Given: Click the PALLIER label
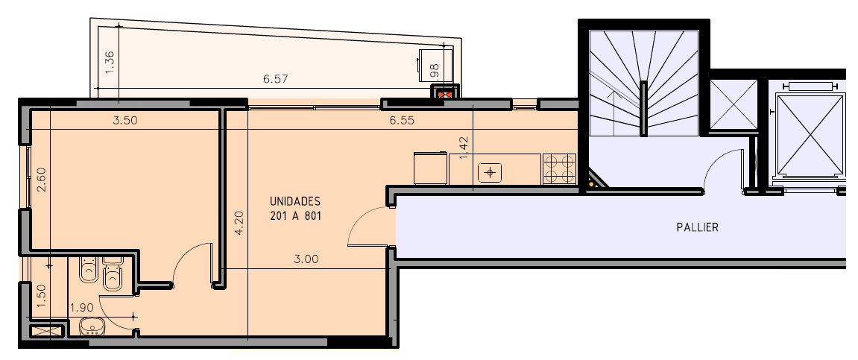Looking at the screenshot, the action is coord(697,227).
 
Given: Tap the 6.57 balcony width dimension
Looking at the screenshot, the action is coord(275,79).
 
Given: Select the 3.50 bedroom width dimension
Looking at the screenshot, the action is coord(124,120).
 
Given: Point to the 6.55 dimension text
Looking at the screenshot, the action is coord(402,120).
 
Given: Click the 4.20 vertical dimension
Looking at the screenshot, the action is coord(239,224).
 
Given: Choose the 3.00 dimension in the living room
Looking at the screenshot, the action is coord(306,259).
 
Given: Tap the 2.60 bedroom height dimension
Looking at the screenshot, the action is coord(41,180).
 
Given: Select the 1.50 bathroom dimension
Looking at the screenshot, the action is coord(41,296).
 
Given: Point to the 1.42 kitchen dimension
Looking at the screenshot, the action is coord(464,148).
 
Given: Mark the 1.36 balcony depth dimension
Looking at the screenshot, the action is coord(110,63).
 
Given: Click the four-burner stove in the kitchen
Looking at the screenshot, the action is coord(559,169).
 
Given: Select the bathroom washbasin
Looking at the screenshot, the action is coord(92,327).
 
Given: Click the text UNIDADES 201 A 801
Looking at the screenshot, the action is coord(295,209).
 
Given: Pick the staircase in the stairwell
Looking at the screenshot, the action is coord(644,83).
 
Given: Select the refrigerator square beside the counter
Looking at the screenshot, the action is coord(431,168).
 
